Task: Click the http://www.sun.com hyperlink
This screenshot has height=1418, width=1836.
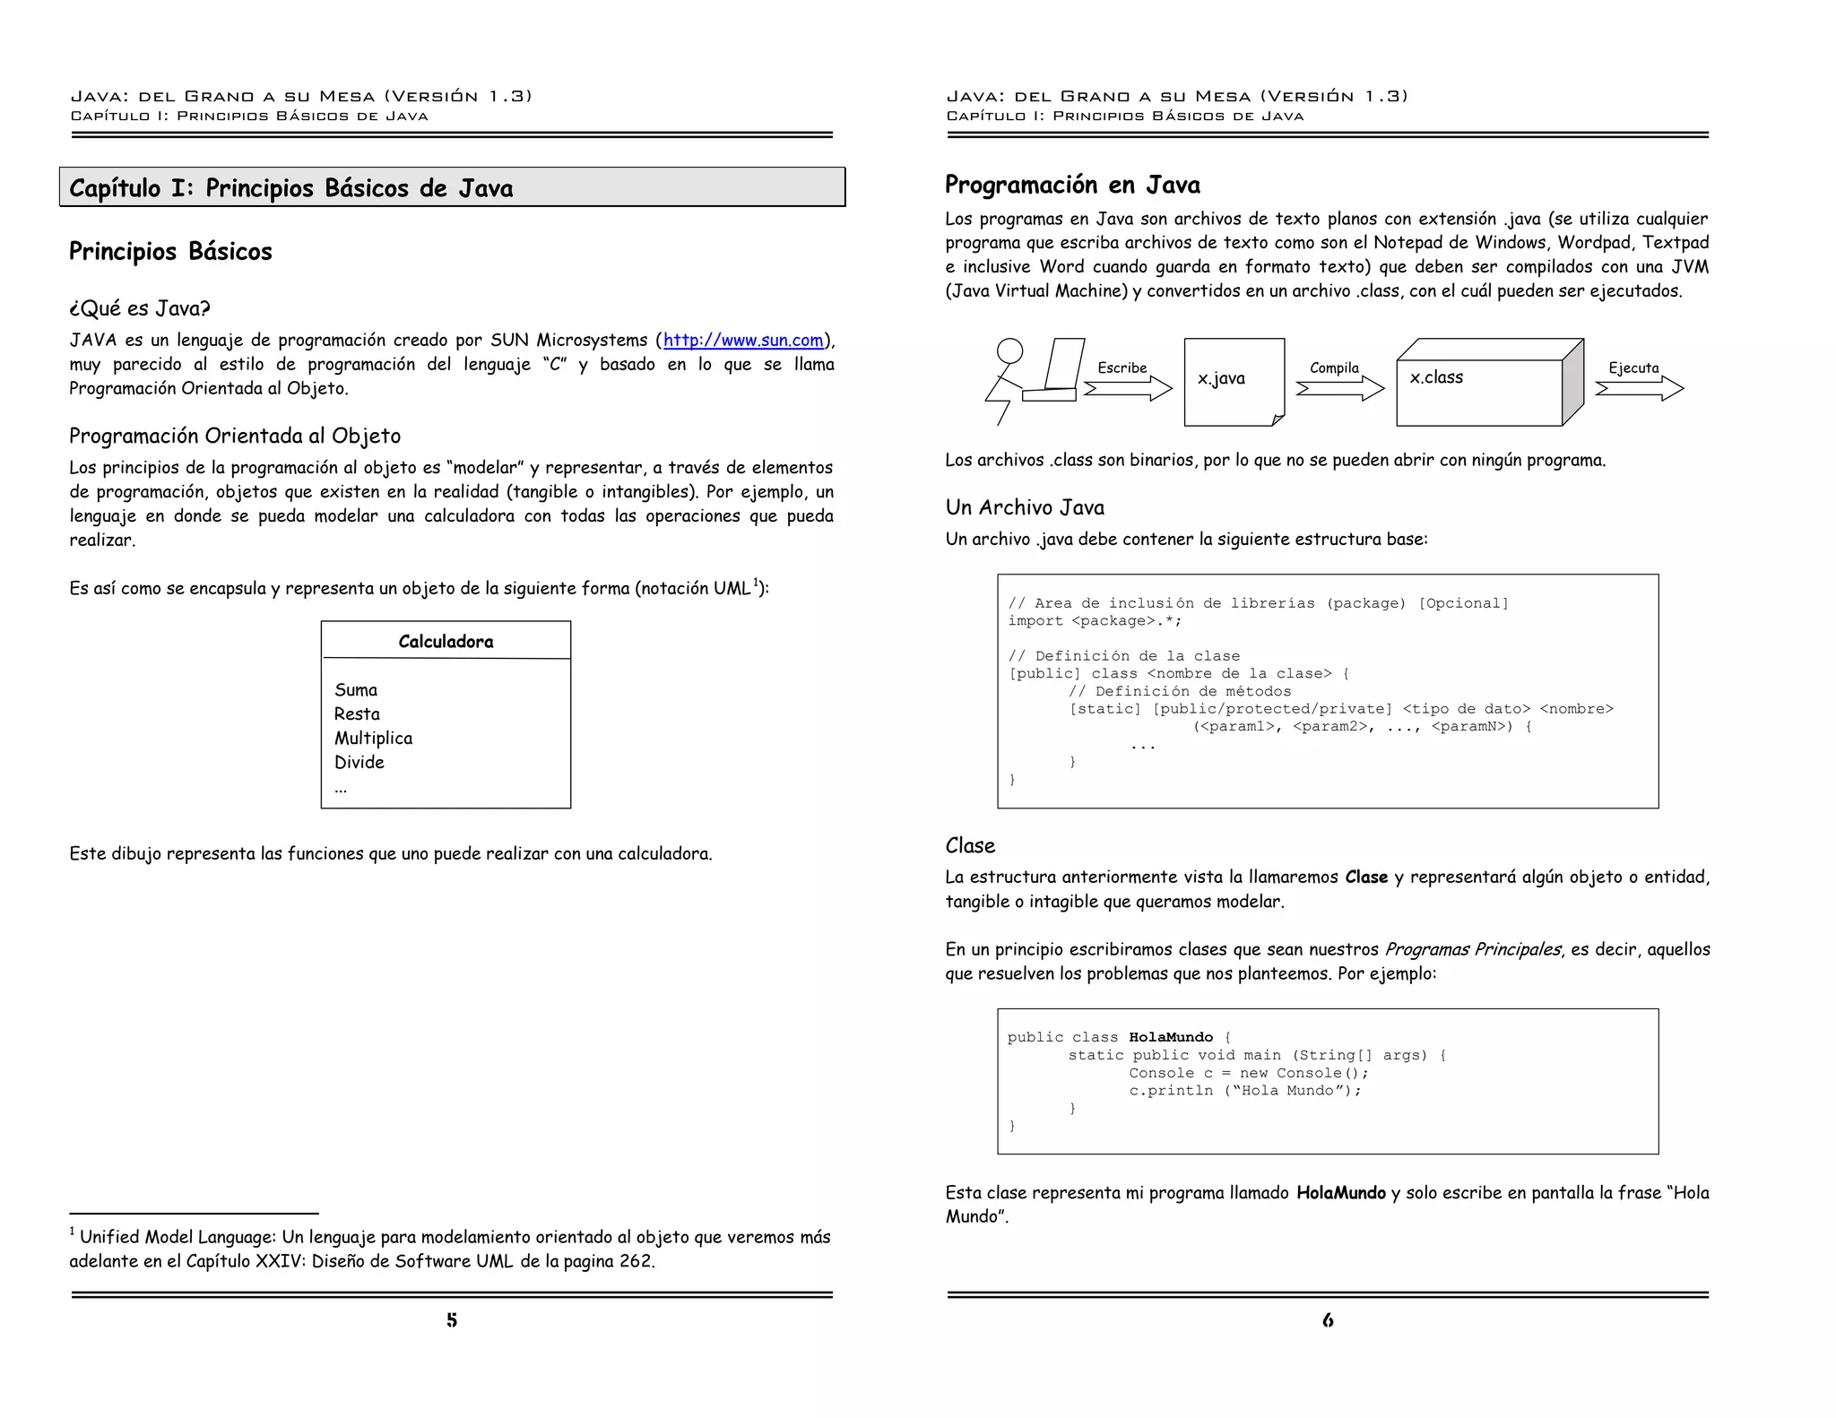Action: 742,341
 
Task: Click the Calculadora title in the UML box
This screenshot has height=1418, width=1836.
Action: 446,642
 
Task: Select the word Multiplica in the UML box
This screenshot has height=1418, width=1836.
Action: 373,739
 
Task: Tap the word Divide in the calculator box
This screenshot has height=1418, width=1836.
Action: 359,763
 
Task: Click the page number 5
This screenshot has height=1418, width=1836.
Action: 452,1320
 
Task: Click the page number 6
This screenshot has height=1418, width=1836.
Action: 1328,1320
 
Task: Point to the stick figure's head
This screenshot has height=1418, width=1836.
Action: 1009,350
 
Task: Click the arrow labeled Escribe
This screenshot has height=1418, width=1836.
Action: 1127,388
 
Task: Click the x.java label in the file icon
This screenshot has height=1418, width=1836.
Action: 1221,379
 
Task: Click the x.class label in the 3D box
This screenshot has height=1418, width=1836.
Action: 1436,378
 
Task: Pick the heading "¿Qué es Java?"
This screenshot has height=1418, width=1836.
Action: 139,309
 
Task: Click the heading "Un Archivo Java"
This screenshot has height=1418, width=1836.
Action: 1025,508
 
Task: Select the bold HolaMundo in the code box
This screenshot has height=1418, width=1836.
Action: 1171,1038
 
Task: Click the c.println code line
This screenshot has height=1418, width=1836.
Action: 1244,1091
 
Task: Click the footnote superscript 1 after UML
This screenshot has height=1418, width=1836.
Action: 756,583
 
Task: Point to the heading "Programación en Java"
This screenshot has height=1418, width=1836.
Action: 1072,186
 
